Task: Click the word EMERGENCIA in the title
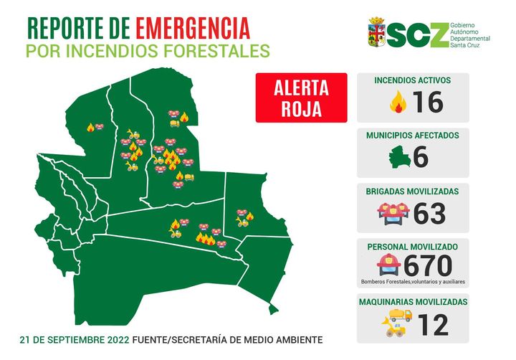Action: point(193,28)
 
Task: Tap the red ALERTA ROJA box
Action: point(301,99)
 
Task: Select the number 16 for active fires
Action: point(428,102)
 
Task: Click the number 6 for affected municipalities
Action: point(421,156)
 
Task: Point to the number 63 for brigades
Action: point(429,213)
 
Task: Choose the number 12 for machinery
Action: point(432,324)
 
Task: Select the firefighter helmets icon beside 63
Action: point(393,213)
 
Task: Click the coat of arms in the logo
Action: point(376,33)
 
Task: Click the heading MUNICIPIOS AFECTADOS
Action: point(413,135)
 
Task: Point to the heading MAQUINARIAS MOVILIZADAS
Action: point(413,302)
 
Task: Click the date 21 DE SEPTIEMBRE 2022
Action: point(75,338)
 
